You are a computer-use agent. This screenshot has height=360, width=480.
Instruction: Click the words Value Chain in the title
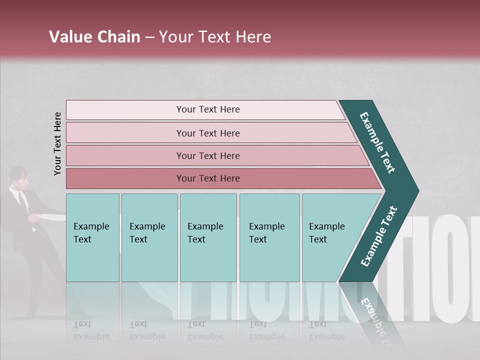pos(94,37)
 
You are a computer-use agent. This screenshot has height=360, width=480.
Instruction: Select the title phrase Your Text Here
pos(215,37)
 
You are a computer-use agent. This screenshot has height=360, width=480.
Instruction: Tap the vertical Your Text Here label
pos(57,143)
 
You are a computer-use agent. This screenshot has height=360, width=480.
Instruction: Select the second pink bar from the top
pos(207,133)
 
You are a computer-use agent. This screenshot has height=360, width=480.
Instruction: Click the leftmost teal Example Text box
pos(92,237)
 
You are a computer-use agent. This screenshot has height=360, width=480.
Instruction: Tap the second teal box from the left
pos(149,237)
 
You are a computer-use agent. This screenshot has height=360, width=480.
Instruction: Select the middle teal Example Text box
pos(208,237)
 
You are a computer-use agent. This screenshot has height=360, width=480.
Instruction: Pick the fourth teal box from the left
pos(269,237)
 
